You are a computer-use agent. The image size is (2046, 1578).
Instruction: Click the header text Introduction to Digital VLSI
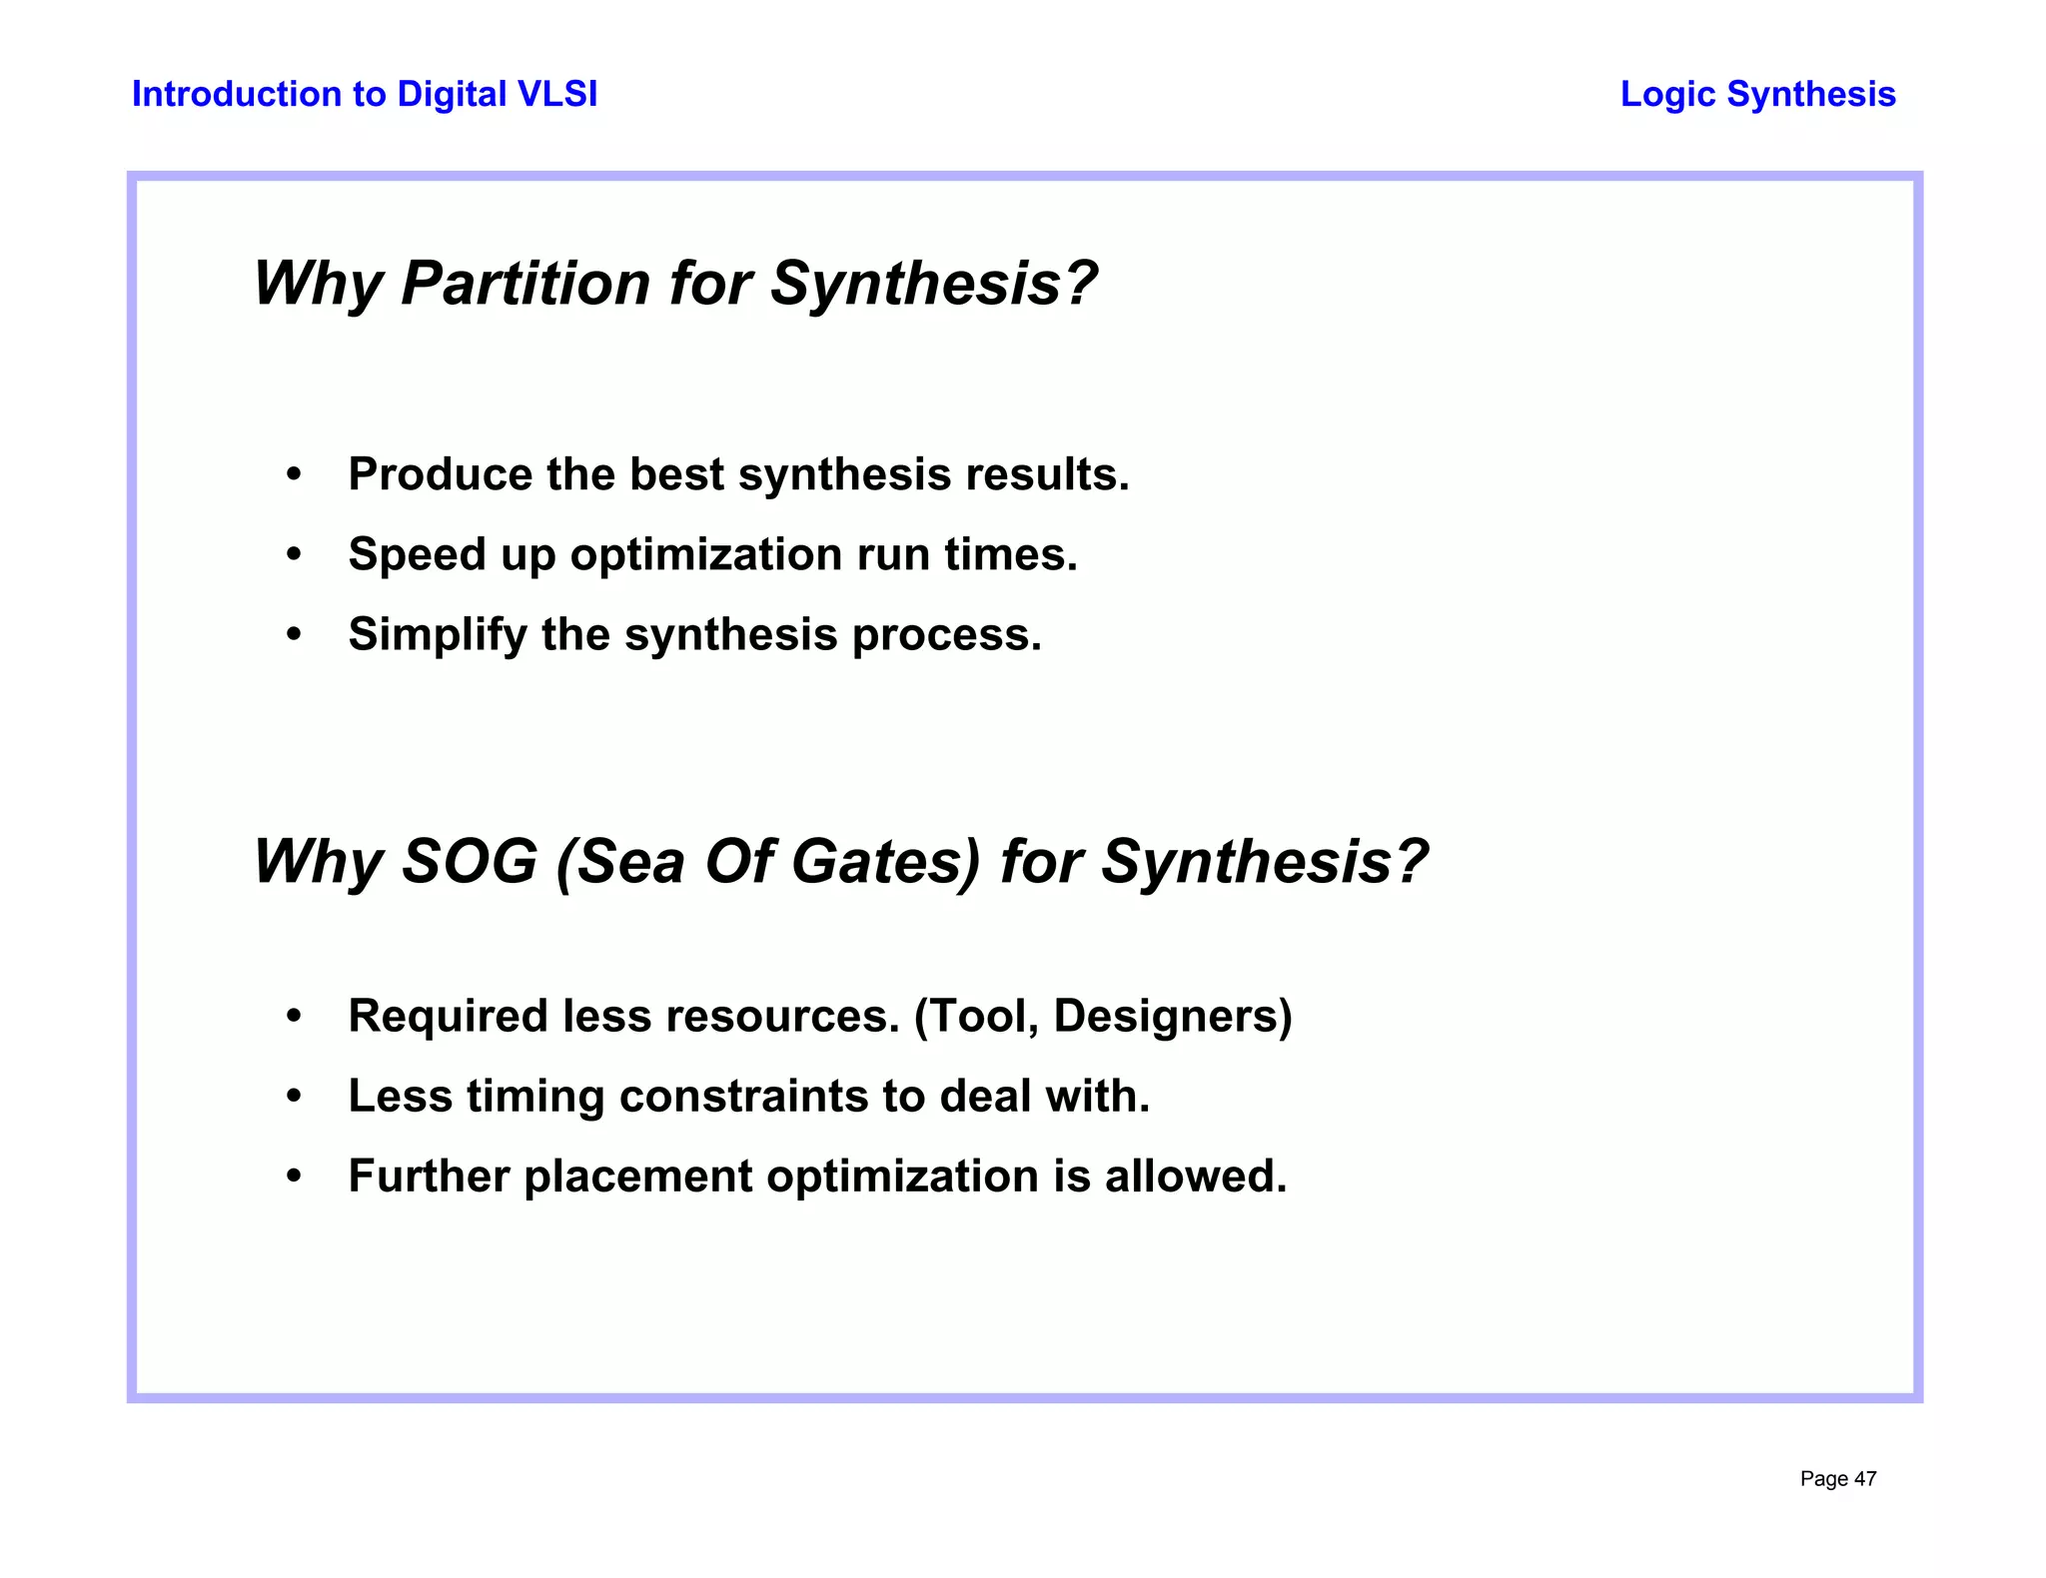365,94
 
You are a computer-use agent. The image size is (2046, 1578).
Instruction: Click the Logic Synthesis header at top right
1757,94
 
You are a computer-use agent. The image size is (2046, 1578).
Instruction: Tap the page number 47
1865,1479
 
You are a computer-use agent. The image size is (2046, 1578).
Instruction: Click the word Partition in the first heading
525,284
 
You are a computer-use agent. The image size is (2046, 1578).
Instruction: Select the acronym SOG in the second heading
469,862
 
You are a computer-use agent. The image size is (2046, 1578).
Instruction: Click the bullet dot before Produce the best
293,474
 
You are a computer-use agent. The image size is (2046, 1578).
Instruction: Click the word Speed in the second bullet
417,555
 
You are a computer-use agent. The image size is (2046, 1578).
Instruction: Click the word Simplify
437,635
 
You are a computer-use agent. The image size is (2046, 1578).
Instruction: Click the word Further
429,1177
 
